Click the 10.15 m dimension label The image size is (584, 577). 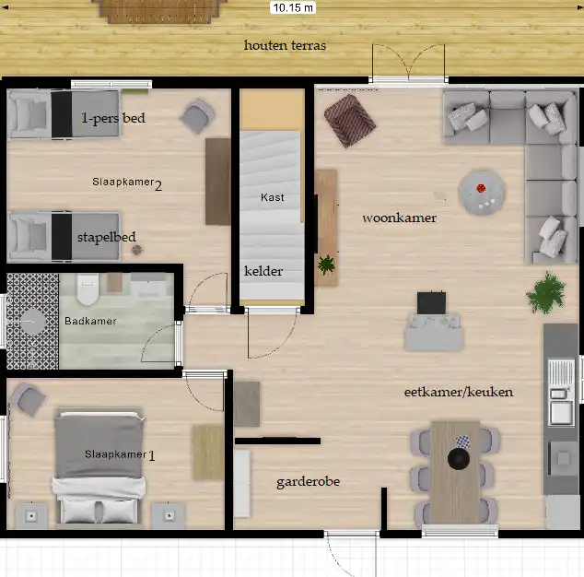293,7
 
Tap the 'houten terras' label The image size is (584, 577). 285,45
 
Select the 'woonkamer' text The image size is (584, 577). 399,218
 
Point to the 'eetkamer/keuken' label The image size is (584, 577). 459,392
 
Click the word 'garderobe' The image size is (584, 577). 308,482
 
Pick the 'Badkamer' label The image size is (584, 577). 90,321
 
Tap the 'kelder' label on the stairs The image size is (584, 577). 263,271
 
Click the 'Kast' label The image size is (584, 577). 273,197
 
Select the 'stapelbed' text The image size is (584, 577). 107,238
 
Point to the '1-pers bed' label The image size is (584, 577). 113,118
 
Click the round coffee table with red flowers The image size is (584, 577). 482,193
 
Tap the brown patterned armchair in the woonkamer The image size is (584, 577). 349,121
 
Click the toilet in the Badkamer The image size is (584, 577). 88,289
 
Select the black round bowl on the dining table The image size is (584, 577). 459,459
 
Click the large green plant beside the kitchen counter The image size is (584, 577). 545,293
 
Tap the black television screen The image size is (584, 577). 431,302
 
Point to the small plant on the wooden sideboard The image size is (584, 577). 326,265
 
